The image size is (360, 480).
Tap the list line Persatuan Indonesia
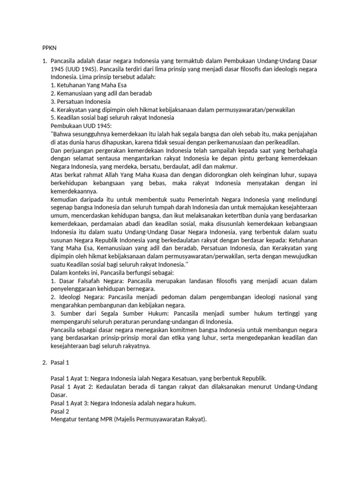[x=80, y=101]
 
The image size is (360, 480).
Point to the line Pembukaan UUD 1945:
[x=81, y=126]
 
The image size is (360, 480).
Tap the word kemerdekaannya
[x=74, y=191]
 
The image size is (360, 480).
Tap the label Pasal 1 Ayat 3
[x=69, y=403]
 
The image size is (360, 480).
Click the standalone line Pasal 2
[x=59, y=411]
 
